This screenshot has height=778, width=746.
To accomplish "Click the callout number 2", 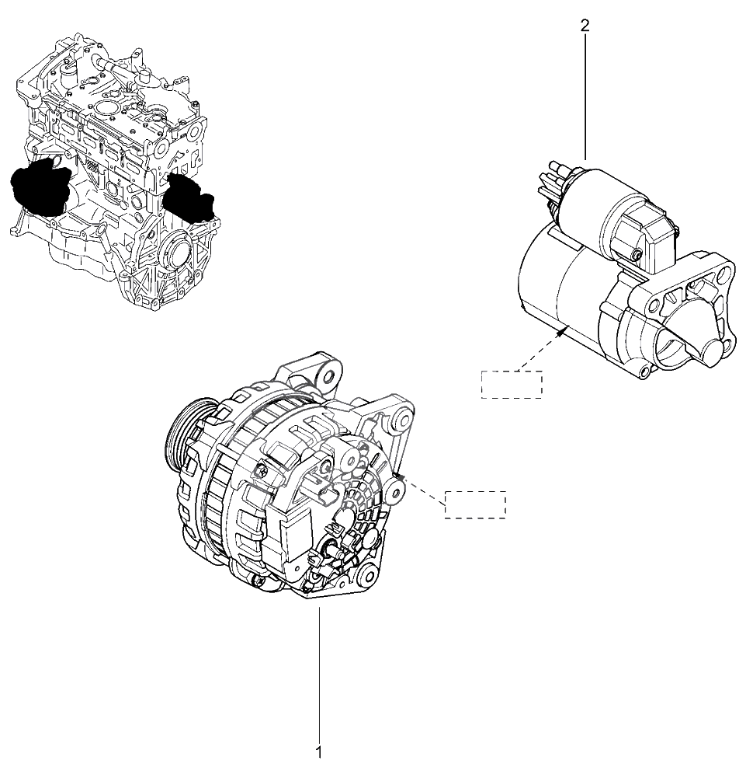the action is point(585,26).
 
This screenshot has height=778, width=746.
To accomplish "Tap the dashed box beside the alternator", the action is point(475,504).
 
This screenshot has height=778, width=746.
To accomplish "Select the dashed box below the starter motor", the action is point(512,384).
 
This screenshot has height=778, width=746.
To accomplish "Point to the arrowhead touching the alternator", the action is point(401,478).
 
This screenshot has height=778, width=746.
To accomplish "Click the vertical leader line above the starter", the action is point(585,96).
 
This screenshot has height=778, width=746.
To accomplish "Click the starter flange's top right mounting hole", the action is point(725,272).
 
